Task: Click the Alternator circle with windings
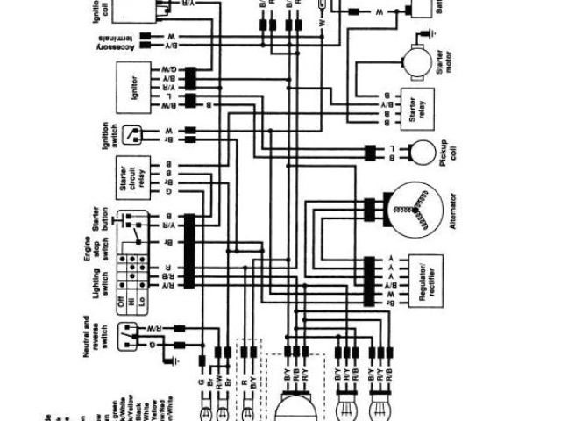click(415, 210)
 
